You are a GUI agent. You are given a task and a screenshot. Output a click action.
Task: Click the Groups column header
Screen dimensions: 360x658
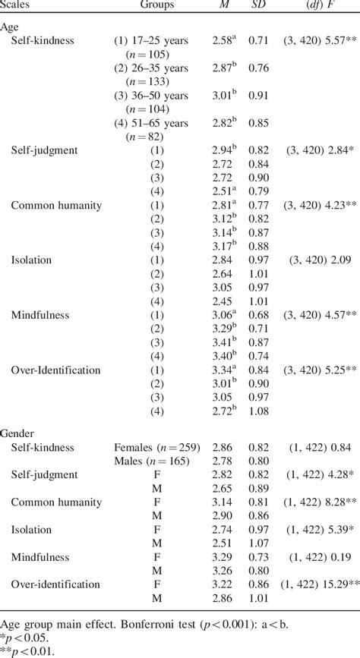click(157, 5)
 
